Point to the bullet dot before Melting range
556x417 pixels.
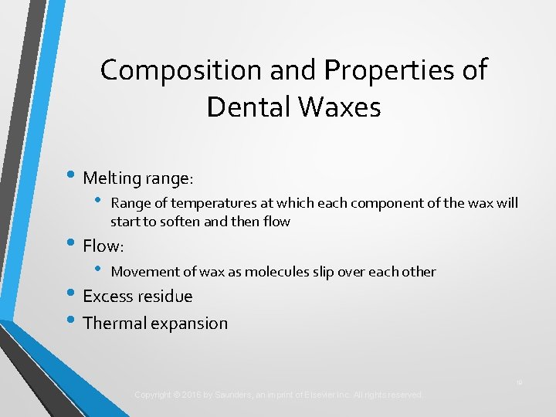[71, 177]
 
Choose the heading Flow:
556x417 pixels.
[103, 246]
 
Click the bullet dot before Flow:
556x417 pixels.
[71, 245]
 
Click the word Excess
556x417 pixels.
[107, 297]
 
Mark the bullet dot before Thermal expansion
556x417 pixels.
[71, 321]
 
